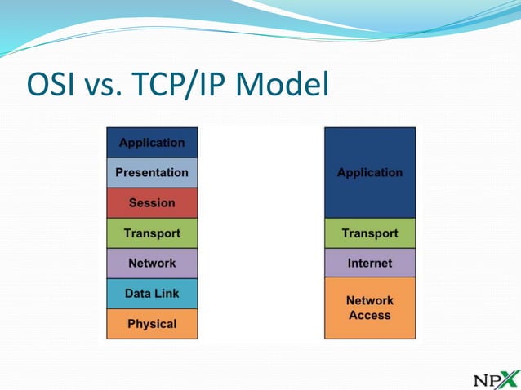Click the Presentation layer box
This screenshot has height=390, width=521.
click(152, 173)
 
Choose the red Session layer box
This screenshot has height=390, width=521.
click(152, 203)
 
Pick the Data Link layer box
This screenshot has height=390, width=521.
click(152, 294)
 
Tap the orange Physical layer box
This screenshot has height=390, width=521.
click(152, 324)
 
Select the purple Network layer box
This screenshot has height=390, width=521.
click(152, 264)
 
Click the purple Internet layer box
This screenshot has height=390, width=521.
click(369, 264)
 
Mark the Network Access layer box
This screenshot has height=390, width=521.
click(369, 308)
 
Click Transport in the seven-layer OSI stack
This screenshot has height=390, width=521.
click(152, 233)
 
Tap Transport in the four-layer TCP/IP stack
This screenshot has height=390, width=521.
click(369, 233)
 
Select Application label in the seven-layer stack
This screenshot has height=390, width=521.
click(152, 143)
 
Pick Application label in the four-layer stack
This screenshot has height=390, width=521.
click(369, 173)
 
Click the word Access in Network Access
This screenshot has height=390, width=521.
click(369, 316)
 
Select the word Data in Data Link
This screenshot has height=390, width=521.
click(137, 294)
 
